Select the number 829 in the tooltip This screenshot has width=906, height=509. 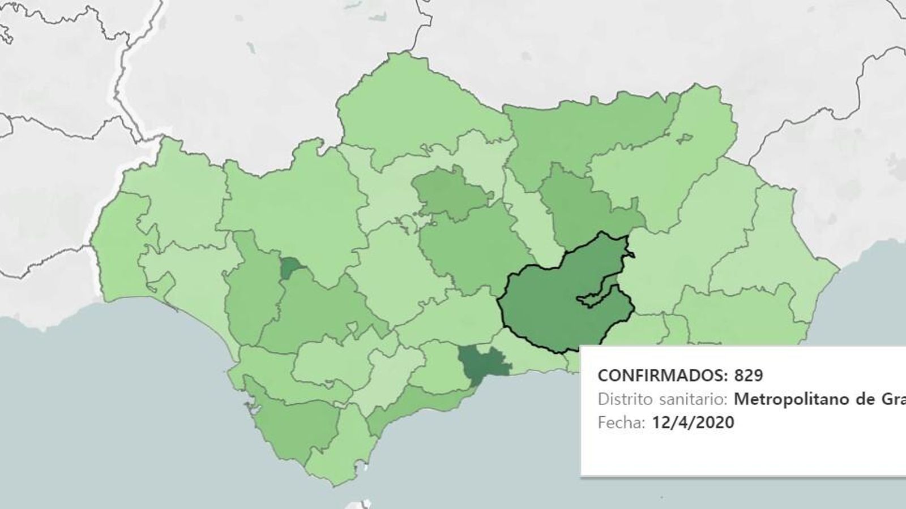[749, 375]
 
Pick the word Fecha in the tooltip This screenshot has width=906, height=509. [620, 422]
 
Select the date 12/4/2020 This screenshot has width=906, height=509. [693, 422]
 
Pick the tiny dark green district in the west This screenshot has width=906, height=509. [290, 268]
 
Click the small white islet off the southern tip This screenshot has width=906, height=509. [366, 469]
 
